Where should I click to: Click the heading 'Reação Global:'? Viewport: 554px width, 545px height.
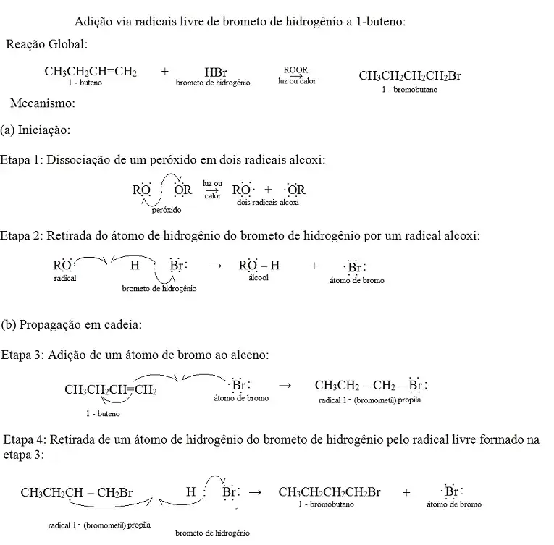pos(46,45)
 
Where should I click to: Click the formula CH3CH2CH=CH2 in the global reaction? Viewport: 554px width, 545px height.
pos(91,72)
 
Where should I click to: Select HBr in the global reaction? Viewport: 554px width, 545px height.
pos(216,72)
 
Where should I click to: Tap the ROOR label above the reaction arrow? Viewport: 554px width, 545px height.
pos(295,69)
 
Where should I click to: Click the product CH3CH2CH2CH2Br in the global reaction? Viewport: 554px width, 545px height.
pos(410,76)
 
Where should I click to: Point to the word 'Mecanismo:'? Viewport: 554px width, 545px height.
pos(43,103)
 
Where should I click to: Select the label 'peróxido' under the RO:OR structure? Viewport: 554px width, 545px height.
pos(167,211)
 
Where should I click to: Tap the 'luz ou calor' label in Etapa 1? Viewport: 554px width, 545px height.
pos(213,190)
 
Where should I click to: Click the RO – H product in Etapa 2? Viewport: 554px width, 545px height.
pos(259,266)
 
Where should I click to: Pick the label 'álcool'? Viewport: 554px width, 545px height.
pos(259,277)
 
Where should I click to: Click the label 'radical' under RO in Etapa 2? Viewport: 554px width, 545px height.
pos(65,278)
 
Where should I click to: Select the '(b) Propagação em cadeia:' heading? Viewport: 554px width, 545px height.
pos(72,324)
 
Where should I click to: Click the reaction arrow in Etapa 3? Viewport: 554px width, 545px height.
pos(285,386)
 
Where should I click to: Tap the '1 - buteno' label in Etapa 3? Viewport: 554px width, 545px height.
pos(103,413)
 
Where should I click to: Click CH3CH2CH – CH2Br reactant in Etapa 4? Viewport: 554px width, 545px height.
pos(77,493)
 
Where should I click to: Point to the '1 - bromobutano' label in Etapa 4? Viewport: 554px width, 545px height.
pos(325,504)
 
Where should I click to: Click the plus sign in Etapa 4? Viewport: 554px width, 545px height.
pos(406,492)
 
